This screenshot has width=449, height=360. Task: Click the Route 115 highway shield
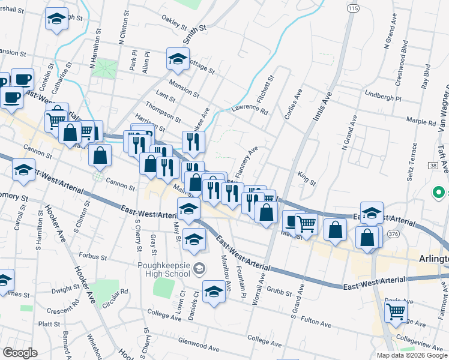[352, 8]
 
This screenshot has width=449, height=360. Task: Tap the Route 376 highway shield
[393, 234]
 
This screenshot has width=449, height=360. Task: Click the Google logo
[20, 353]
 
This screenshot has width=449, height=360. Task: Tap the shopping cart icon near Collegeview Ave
[396, 312]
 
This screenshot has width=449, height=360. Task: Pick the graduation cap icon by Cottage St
[178, 59]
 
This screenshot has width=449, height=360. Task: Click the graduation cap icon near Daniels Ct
[214, 292]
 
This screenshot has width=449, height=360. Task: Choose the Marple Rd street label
[420, 122]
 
